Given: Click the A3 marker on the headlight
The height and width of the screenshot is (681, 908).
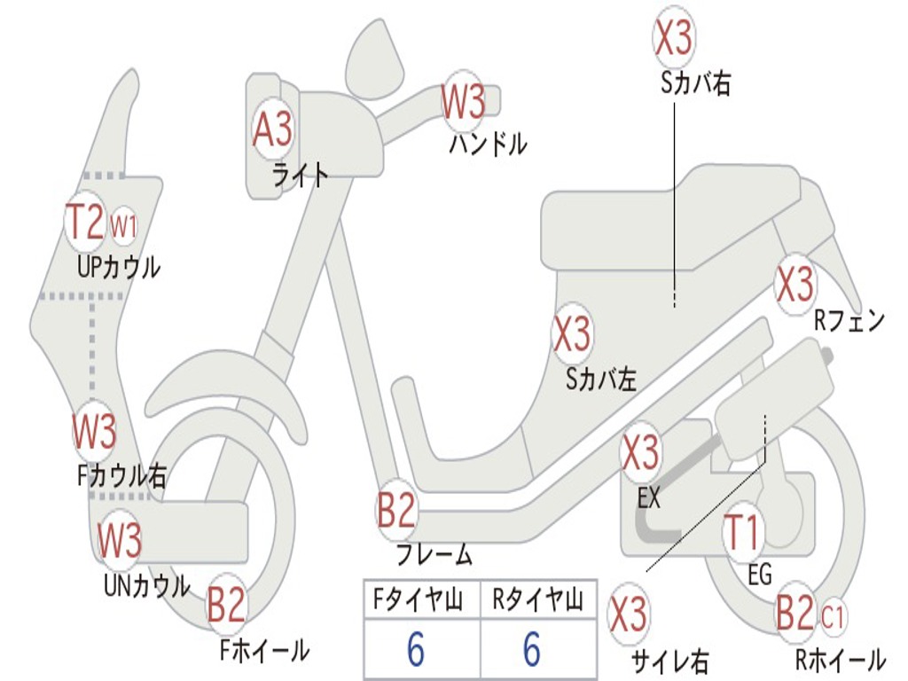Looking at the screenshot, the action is pos(272,130).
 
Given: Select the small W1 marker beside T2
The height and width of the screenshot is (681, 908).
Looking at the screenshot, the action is pos(124,227).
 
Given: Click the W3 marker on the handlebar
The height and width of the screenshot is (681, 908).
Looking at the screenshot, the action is pos(464,102).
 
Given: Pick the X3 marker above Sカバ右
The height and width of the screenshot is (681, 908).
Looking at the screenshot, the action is pos(673,37).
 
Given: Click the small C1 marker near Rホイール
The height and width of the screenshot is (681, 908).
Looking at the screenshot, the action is pos(834,613).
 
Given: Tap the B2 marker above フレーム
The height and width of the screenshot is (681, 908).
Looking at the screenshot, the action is pos(396,510).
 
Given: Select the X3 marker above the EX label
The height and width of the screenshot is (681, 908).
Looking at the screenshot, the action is pos(640,453).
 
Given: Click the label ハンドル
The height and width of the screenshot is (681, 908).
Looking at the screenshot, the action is pos(488,144).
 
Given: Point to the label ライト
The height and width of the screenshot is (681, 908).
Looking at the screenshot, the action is pos(300,175).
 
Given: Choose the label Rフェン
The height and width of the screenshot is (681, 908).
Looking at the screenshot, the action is pos(849,321).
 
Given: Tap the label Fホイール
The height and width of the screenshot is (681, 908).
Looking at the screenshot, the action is pos(264,651).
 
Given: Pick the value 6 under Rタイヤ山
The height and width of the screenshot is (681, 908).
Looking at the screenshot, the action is pos(532,650).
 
